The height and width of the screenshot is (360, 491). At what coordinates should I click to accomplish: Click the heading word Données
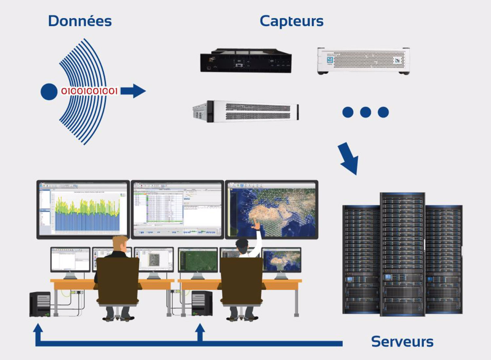coord(80,21)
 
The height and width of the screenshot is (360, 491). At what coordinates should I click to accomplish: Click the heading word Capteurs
coord(291,21)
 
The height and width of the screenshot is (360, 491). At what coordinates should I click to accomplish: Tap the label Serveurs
coord(402,341)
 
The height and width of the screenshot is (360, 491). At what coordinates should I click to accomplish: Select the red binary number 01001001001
coord(89,91)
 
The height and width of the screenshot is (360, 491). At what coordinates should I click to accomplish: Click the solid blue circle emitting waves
coord(49,92)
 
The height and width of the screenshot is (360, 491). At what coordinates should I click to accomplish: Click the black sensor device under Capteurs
coord(246,61)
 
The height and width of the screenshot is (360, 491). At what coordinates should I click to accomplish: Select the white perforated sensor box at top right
coord(363,61)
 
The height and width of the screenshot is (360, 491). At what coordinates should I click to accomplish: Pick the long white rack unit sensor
coord(246,111)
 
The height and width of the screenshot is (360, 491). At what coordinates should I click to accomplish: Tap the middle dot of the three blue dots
coord(365,112)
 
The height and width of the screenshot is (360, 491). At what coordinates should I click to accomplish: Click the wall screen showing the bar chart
coord(83,209)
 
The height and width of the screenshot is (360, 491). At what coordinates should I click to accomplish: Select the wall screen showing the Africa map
coord(272,209)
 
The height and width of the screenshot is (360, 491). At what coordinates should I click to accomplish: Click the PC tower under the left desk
coord(40,304)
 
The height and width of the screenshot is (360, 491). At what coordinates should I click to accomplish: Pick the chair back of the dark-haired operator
coord(242,281)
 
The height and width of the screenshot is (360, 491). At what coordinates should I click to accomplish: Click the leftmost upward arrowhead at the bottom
coord(38,329)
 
